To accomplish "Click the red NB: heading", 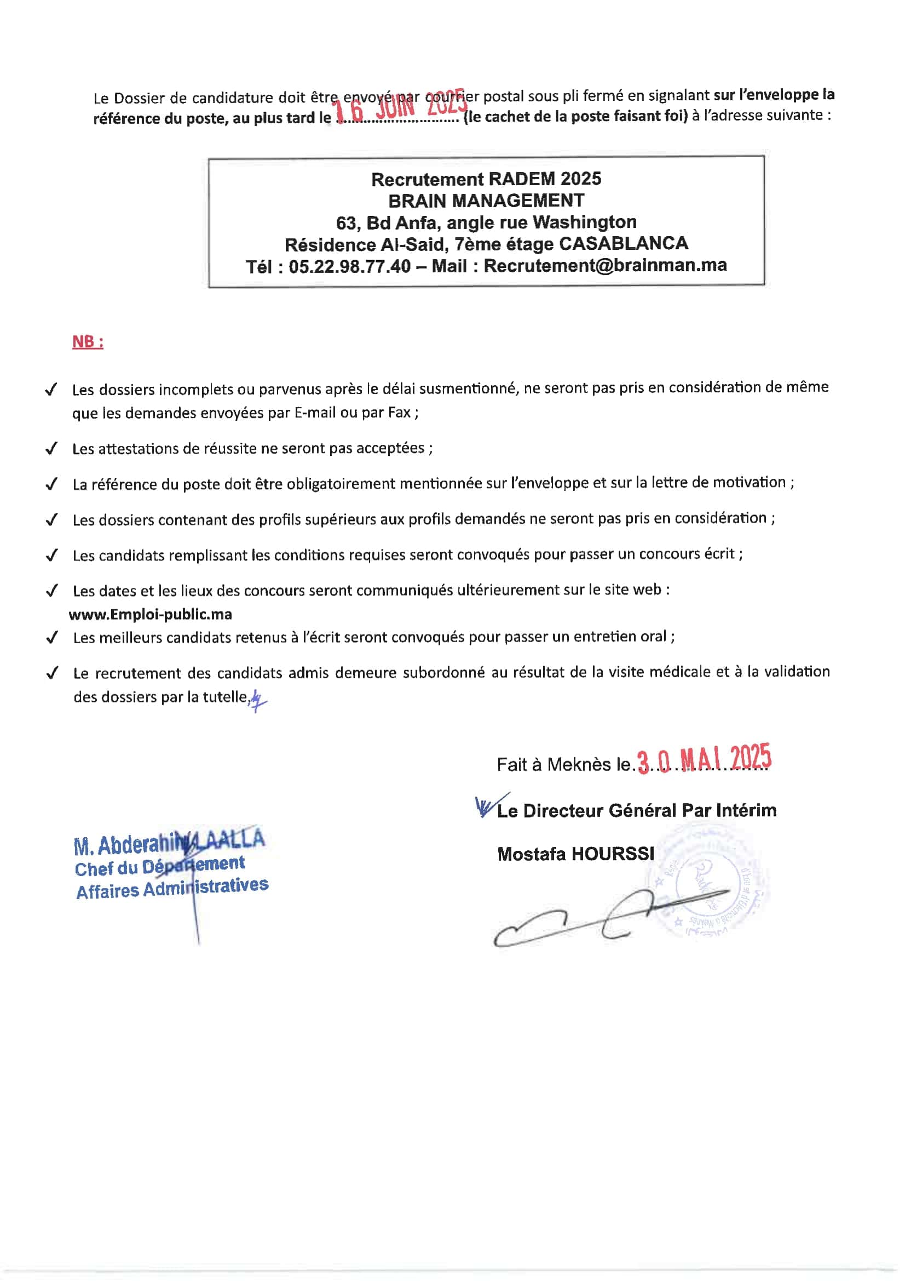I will coord(88,341).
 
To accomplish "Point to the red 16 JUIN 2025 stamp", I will coord(399,108).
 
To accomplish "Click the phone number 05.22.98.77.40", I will coord(350,266).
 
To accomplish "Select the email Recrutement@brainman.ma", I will coord(605,265).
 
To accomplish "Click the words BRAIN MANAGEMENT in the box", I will coord(486,201).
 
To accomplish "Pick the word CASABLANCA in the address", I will coord(624,243).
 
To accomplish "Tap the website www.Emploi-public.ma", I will coord(151,614).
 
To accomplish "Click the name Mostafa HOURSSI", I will coord(575,854).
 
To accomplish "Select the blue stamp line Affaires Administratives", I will coord(172,888).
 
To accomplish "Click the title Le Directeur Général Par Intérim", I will coord(636,810).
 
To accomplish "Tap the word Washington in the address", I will coord(584,222).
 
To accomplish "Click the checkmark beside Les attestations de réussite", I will coord(51,449).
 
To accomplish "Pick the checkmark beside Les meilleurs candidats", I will coord(52,638).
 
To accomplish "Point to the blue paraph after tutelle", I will coord(258,700).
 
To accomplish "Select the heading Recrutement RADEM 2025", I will coord(486,179).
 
